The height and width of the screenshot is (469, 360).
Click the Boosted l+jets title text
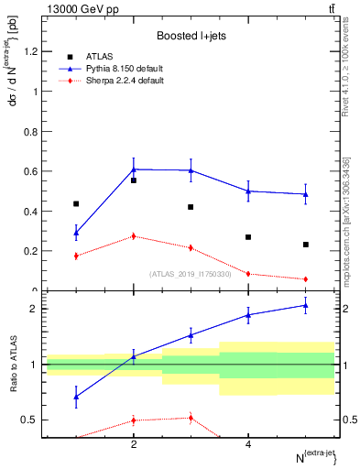coord(190,37)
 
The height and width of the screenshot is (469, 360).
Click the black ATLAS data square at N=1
coord(76,203)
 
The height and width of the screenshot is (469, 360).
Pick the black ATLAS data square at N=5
coord(306,245)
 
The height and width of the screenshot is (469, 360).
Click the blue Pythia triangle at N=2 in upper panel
coord(134,169)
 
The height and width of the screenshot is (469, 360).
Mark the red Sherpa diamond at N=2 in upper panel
coord(134,236)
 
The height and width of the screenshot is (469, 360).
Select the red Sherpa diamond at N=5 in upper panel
coord(306,278)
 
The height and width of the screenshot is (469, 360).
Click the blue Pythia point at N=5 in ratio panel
coord(306,305)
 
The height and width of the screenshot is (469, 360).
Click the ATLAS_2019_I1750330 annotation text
coord(190,273)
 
